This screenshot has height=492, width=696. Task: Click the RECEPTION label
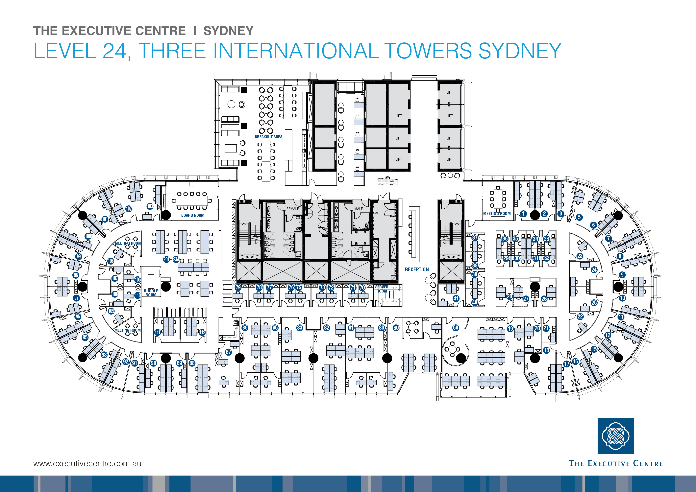(x=417, y=269)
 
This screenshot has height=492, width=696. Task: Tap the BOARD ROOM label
(x=193, y=215)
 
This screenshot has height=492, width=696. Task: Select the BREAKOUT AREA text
(x=269, y=137)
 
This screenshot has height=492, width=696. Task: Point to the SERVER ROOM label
(x=382, y=289)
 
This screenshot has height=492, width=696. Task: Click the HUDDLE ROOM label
(x=151, y=293)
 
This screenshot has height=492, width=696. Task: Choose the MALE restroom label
(x=359, y=209)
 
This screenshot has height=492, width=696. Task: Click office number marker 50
(x=456, y=327)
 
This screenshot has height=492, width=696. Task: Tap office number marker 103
(x=150, y=206)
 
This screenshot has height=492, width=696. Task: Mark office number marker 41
(x=456, y=298)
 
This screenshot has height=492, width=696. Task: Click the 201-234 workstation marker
(x=171, y=260)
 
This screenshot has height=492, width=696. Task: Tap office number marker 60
(x=396, y=327)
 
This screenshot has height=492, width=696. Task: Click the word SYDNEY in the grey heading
(x=228, y=31)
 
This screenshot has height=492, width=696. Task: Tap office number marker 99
(x=79, y=256)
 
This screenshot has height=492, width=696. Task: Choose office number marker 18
(x=546, y=350)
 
